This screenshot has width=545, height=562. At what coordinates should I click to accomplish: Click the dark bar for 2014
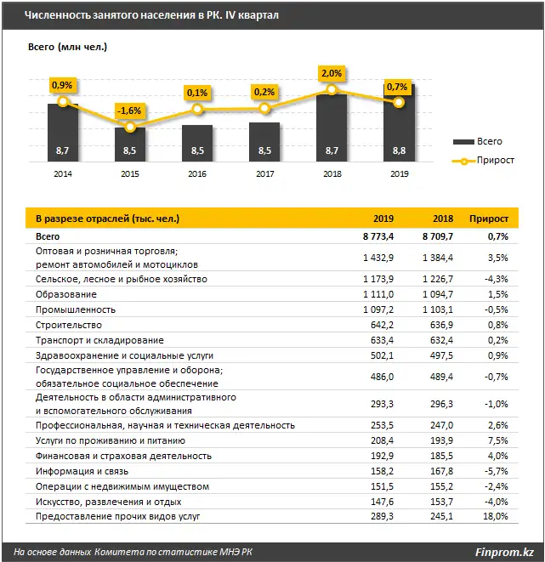[62, 132]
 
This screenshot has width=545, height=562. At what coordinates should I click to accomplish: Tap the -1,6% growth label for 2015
[129, 111]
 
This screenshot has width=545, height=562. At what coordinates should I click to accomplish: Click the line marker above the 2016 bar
[197, 109]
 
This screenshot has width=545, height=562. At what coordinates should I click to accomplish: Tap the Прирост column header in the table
[489, 219]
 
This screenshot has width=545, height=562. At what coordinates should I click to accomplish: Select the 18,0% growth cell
[496, 515]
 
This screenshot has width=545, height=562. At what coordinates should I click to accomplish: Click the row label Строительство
[69, 325]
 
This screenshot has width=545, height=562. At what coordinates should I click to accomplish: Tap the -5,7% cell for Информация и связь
[497, 471]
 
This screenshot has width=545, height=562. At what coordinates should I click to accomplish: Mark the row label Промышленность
[76, 309]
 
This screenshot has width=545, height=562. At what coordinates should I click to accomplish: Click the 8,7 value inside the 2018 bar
[332, 150]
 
